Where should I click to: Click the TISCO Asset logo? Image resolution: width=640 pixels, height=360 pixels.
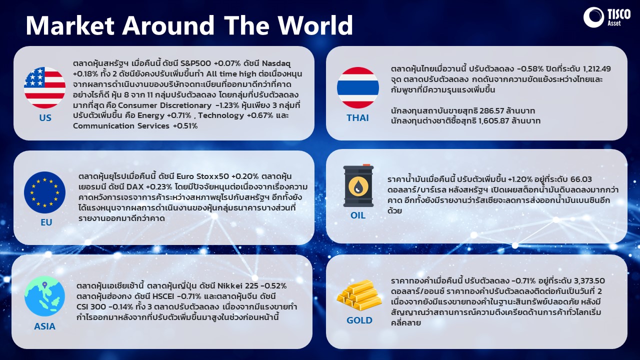click(607, 17)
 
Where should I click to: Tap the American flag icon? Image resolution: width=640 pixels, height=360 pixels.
click(45, 87)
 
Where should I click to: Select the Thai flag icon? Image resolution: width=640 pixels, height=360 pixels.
click(358, 87)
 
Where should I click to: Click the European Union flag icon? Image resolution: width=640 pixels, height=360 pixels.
click(45, 192)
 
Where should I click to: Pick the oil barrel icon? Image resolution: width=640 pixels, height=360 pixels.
click(358, 185)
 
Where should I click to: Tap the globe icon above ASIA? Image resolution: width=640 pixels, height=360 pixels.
click(44, 296)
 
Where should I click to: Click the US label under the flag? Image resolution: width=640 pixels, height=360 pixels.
click(45, 117)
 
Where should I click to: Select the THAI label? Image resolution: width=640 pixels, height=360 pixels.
click(357, 117)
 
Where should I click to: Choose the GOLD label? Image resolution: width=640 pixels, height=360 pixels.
click(359, 320)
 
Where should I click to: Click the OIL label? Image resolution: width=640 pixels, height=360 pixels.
click(358, 215)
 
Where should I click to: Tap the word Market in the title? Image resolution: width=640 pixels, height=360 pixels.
click(70, 25)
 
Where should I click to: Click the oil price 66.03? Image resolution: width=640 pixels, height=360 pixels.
click(581, 179)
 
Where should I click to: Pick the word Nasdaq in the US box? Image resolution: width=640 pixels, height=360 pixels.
click(276, 63)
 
